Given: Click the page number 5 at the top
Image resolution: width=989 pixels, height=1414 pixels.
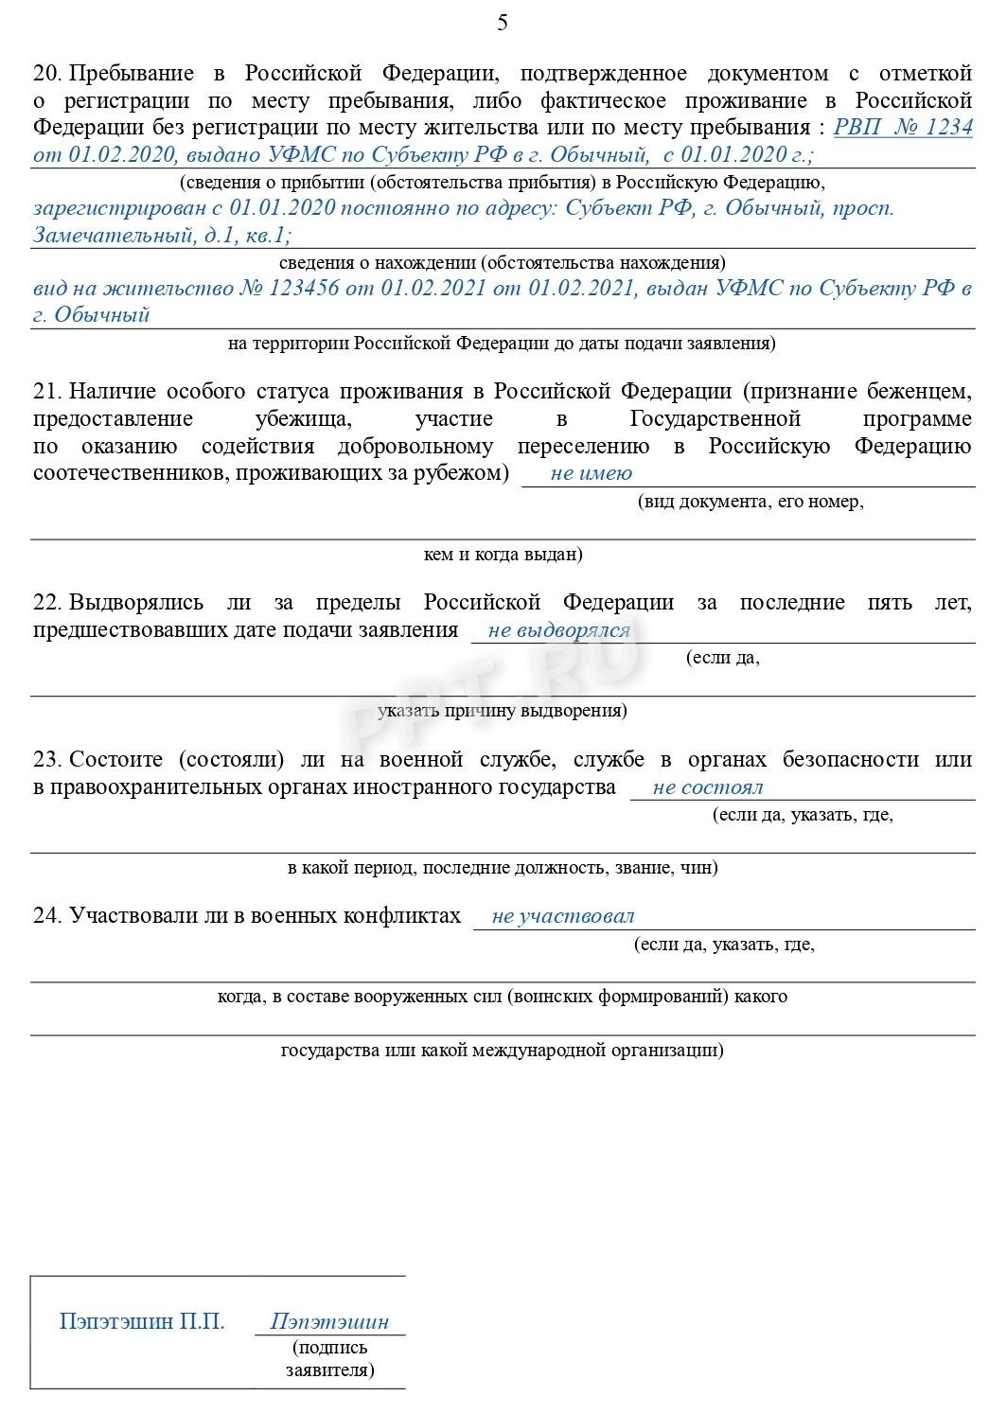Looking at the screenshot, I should tap(502, 23).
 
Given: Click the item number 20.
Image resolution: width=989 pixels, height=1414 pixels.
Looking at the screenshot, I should tap(46, 74).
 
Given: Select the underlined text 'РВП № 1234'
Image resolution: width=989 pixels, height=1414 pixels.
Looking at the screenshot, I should tap(902, 127).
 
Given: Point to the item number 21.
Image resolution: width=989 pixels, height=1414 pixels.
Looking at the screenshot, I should tap(46, 392).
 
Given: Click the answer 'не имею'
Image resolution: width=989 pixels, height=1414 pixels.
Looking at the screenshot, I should tap(591, 473).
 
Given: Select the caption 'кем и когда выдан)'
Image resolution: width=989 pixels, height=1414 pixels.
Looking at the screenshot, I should tap(503, 555).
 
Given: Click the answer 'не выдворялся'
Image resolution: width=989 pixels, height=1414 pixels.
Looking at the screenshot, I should tap(558, 630).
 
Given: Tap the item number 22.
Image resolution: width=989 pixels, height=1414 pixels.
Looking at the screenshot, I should tap(46, 603).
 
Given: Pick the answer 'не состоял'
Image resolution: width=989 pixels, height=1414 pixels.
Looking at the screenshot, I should tap(707, 787).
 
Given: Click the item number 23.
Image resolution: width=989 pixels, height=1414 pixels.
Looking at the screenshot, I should tap(46, 760).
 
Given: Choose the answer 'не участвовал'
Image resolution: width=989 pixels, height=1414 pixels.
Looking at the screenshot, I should tap(562, 916).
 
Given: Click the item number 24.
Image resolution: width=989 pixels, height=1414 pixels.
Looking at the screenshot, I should tap(46, 916).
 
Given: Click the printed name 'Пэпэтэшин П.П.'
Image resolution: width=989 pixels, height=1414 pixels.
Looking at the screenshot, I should tap(142, 1321).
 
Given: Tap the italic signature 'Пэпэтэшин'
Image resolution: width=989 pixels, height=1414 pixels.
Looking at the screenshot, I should tap(329, 1322).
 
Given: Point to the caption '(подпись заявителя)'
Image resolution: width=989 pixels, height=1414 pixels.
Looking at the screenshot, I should tap(329, 1358).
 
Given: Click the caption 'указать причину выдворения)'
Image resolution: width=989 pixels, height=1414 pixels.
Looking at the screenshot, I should tap(502, 711).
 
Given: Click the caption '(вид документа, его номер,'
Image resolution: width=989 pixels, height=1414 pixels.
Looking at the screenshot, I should tap(750, 502).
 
